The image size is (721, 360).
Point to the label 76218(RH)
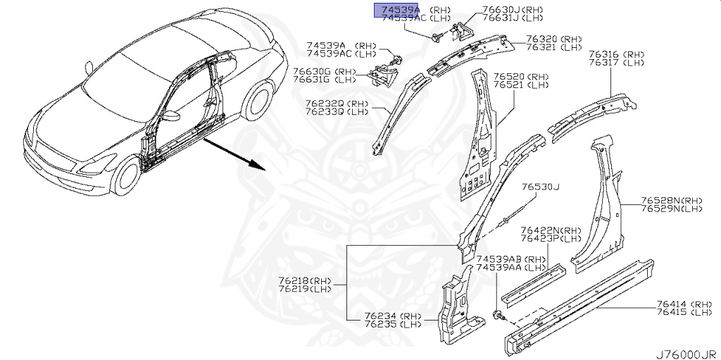[304, 280]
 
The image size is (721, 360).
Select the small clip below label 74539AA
[498, 314]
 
